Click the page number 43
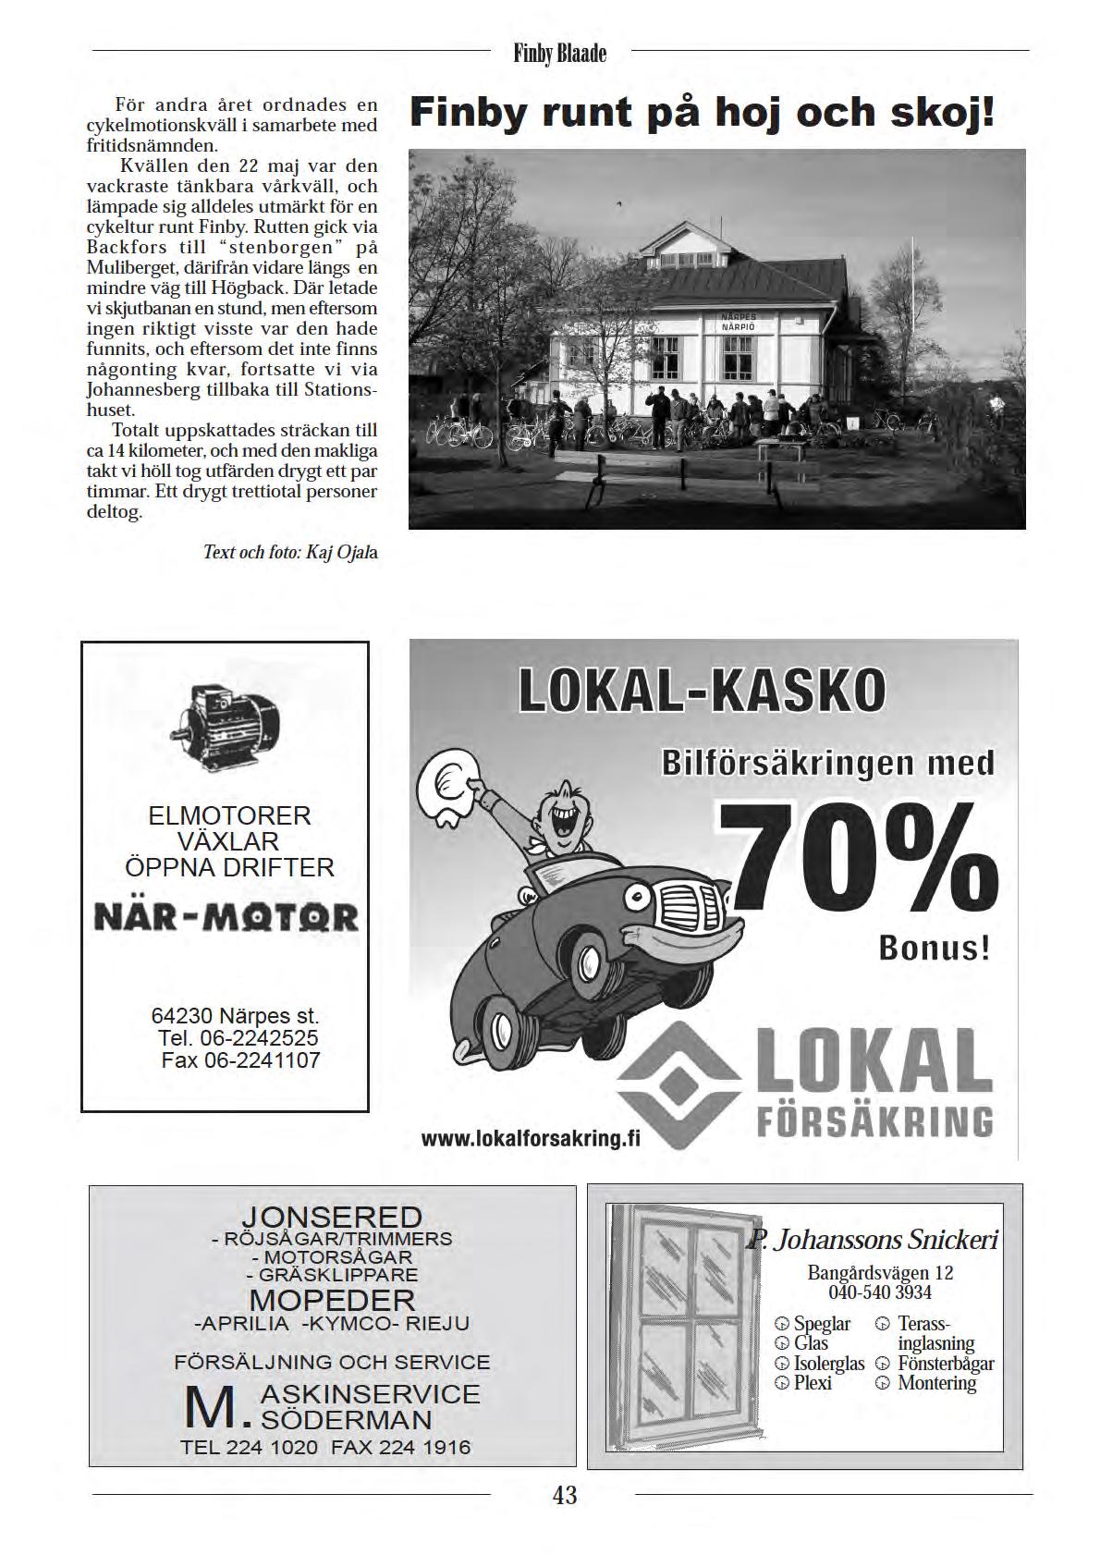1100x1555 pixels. point(564,1495)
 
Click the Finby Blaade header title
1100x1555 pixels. point(560,54)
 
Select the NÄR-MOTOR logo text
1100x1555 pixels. point(226,917)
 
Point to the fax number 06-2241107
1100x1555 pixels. point(240,1060)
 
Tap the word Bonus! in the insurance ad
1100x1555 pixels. point(934,949)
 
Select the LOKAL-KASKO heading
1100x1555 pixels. point(702,691)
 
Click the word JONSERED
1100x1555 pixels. point(332,1217)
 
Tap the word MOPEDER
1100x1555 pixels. point(332,1300)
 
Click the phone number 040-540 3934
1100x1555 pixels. point(880,1292)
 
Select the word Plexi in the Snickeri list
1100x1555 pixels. point(813,1383)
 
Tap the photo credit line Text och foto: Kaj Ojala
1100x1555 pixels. point(290,553)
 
